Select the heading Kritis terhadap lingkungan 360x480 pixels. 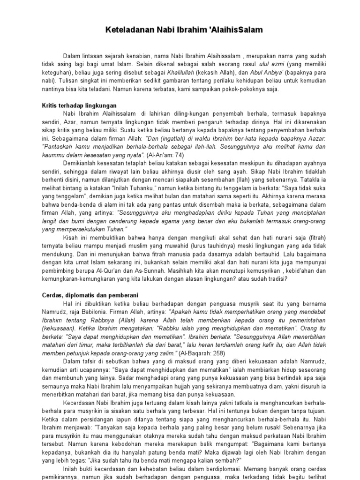tap(77, 105)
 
